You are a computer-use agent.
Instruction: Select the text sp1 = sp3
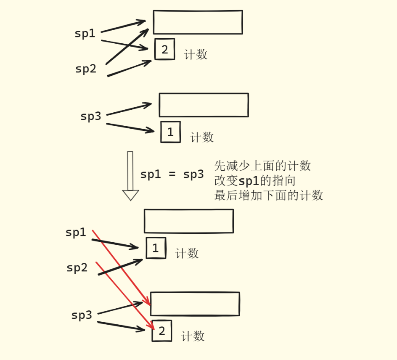pos(172,175)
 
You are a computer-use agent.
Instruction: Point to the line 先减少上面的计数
pos(262,166)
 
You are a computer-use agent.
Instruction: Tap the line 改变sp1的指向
pos(255,181)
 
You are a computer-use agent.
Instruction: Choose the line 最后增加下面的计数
pos(268,196)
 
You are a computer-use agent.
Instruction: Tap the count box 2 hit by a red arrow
pos(162,331)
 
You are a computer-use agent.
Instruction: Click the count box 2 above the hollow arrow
pos(164,50)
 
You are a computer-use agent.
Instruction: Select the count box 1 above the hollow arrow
pos(170,132)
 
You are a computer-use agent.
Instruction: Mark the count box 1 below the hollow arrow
pos(156,248)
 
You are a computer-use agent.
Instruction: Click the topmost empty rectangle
pos(198,22)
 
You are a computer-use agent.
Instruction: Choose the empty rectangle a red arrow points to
pos(195,304)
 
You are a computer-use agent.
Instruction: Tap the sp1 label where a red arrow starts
pos(76,232)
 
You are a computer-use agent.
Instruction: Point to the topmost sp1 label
pos(85,34)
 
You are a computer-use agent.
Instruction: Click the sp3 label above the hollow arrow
pos(91,116)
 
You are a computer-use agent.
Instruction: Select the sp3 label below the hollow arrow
pos(82,315)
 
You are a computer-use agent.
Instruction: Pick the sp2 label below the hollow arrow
pos(77,268)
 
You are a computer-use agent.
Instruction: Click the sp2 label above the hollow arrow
pos(86,69)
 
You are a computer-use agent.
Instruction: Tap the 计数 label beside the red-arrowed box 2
pos(193,336)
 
